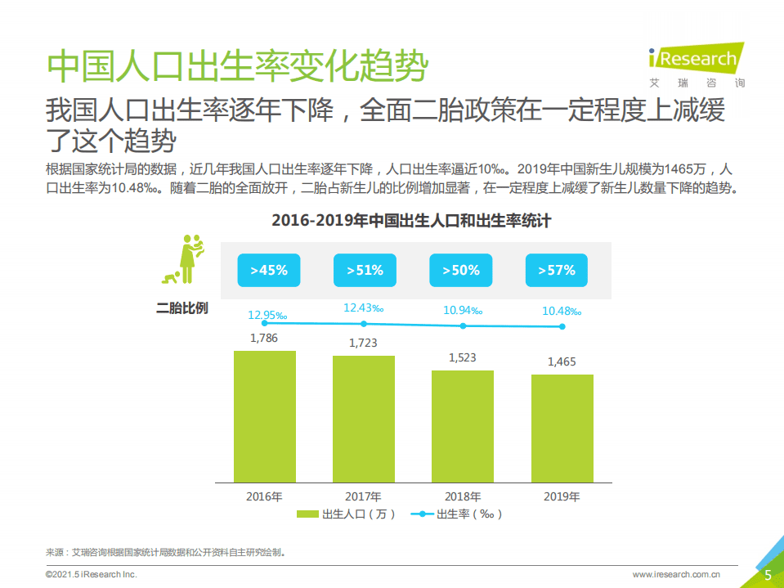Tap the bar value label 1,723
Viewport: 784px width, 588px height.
(363, 343)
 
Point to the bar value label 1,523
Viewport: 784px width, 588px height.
(462, 357)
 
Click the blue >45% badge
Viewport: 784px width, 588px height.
(269, 270)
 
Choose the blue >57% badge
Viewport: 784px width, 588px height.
(557, 270)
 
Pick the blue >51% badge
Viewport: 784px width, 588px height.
(365, 270)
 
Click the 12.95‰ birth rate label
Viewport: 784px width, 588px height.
(269, 314)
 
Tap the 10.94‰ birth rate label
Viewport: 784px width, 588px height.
(464, 310)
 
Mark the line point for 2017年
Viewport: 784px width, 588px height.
(364, 324)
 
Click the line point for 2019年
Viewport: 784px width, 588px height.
(562, 326)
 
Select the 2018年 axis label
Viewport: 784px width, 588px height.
(462, 496)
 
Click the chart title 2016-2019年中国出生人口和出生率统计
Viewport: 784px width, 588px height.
(411, 220)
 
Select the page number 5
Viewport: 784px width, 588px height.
(768, 575)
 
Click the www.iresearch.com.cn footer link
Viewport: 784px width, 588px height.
(676, 575)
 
